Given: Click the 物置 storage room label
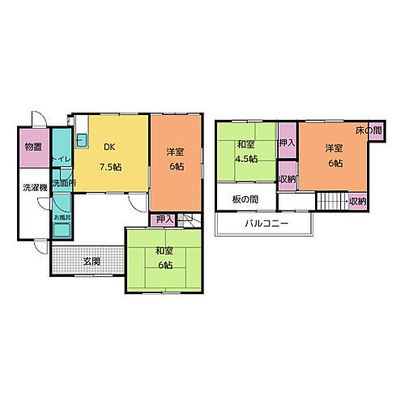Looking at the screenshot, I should click(x=33, y=147).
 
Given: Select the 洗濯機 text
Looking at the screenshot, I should click(x=33, y=187).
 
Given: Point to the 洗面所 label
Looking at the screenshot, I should click(x=63, y=184).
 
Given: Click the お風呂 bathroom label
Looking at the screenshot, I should click(x=62, y=218).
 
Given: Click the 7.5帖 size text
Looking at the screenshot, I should click(x=110, y=167).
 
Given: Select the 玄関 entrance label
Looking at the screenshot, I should click(x=92, y=261).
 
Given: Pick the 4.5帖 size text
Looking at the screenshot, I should click(x=246, y=159).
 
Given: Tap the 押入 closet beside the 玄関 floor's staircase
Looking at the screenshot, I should click(x=163, y=219).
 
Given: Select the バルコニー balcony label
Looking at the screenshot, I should click(x=262, y=224).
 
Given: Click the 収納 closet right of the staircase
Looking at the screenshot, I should click(x=357, y=201).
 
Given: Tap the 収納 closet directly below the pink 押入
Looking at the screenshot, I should click(x=286, y=179).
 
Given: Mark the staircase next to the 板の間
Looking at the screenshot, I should click(x=329, y=202).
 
